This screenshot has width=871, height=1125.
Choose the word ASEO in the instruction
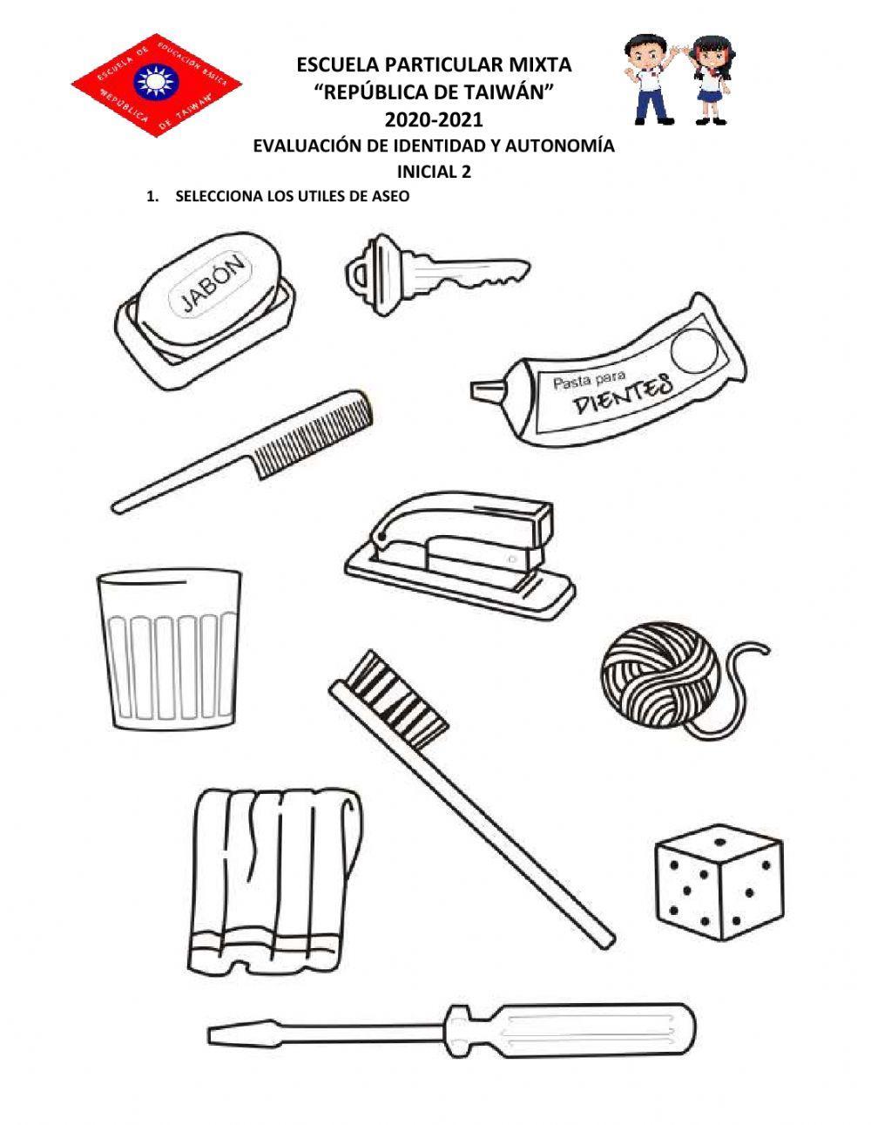click(x=390, y=197)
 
